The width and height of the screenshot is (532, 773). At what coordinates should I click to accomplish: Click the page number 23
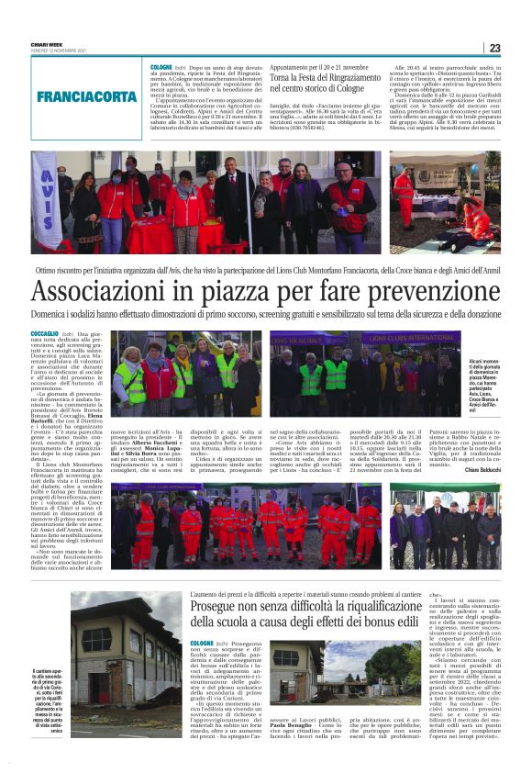pos(494,48)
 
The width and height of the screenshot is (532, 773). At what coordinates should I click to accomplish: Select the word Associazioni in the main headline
pos(102,291)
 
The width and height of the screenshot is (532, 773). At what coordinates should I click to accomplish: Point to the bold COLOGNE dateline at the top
pos(161,68)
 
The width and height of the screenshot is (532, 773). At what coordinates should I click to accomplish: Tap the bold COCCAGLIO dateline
pos(44,334)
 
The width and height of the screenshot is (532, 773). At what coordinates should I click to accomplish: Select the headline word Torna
pos(283,78)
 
